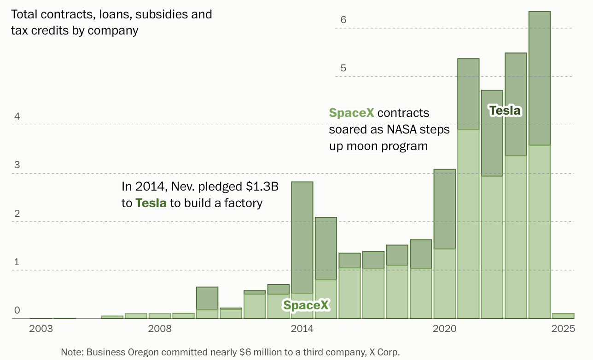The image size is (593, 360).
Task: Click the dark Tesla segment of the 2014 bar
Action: tap(302, 238)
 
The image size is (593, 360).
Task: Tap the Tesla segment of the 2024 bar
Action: tap(540, 78)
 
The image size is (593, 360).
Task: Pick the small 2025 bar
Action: tap(563, 316)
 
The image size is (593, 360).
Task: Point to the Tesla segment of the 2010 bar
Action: tap(207, 298)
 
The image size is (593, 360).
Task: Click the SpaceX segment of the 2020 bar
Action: tap(444, 284)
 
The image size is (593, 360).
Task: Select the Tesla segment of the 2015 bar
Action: tap(326, 248)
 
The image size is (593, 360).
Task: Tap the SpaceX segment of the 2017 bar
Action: tap(373, 293)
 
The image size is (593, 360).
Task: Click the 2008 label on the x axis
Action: tap(159, 329)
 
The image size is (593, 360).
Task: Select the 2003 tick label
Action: tap(41, 329)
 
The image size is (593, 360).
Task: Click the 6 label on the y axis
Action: tap(343, 20)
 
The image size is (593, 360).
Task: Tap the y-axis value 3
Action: tap(17, 165)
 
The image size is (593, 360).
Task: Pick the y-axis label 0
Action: tap(17, 310)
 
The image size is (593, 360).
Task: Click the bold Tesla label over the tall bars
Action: tap(505, 110)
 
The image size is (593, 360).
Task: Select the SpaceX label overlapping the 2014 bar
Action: tap(306, 305)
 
